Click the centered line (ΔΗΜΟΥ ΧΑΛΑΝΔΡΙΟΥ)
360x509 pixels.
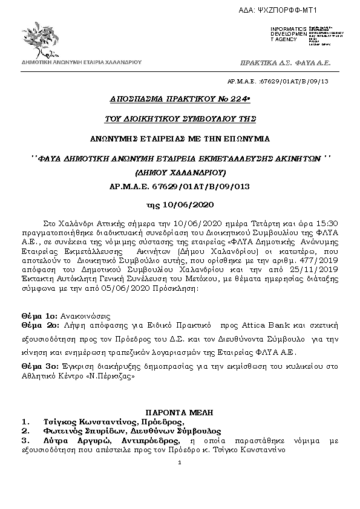[x=180, y=172]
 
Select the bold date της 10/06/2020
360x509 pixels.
[x=180, y=204]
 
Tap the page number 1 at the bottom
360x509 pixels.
[x=180, y=464]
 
